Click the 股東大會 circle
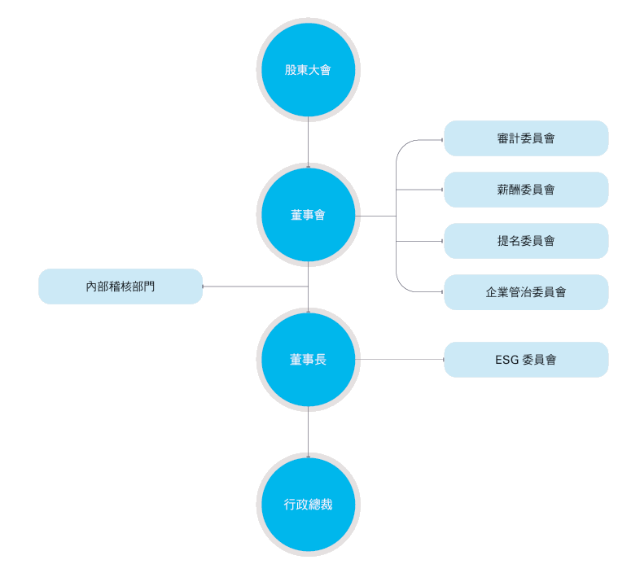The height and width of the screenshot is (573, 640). [x=308, y=70]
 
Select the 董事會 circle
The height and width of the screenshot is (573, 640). [x=308, y=215]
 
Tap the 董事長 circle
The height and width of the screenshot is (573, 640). [x=308, y=360]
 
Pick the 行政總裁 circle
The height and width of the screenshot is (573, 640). [x=308, y=505]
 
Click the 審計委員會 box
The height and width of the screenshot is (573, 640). [x=526, y=138]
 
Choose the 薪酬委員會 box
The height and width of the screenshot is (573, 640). [x=526, y=190]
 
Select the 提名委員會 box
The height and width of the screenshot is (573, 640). [x=526, y=241]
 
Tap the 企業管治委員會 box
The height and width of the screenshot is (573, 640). [x=526, y=292]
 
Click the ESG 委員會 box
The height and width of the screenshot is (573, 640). [x=526, y=360]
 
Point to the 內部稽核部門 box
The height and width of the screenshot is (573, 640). [x=121, y=286]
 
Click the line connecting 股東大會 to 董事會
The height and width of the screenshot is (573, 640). [x=308, y=142]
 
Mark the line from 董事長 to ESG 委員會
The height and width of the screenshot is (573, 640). [x=400, y=360]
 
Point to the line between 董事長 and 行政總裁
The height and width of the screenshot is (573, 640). [x=308, y=432]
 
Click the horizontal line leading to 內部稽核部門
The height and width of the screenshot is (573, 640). [x=255, y=286]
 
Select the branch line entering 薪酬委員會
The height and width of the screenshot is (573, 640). [x=419, y=190]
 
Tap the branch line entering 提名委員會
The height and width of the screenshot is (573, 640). [x=419, y=241]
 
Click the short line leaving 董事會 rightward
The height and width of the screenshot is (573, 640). [x=375, y=216]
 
